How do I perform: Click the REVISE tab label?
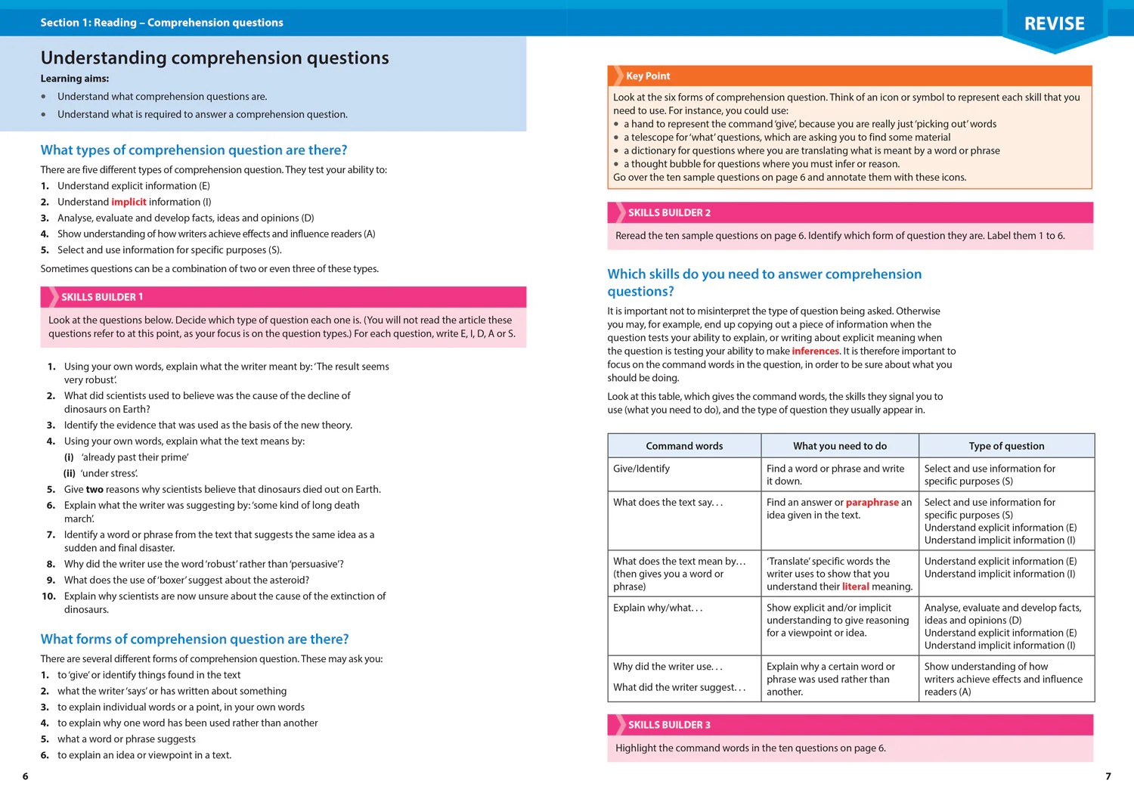[x=1054, y=24]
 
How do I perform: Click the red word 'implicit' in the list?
[x=129, y=202]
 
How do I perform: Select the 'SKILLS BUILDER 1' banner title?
[x=102, y=297]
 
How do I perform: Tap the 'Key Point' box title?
[x=648, y=76]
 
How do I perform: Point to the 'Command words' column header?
[x=684, y=446]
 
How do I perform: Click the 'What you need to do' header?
[x=839, y=446]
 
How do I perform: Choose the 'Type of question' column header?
[x=1006, y=446]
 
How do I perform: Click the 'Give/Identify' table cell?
[x=641, y=469]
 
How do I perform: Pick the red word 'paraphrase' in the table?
[x=872, y=502]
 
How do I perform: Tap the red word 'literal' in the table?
[x=855, y=587]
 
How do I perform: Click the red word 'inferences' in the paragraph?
[x=815, y=351]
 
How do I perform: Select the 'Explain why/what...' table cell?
[x=658, y=608]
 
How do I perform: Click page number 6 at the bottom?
[x=26, y=776]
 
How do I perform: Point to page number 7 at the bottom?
[x=1108, y=776]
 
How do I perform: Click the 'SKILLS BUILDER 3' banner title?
[x=669, y=725]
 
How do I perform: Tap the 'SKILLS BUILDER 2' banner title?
[x=669, y=213]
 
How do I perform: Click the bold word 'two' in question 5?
[x=94, y=489]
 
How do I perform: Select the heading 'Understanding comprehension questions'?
[x=215, y=58]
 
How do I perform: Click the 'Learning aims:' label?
[x=75, y=79]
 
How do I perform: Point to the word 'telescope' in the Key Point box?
[x=653, y=138]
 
